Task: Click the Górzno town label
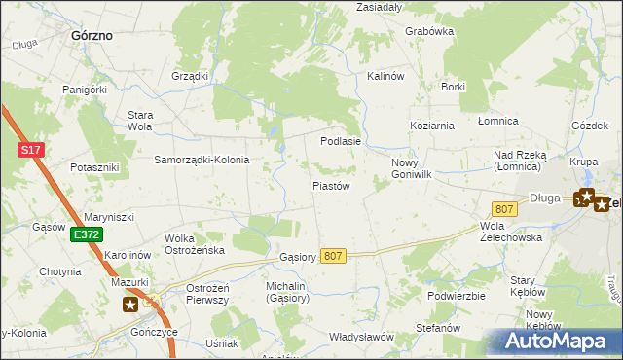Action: pyautogui.click(x=92, y=35)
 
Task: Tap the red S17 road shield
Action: pyautogui.click(x=30, y=150)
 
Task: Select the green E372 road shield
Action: pyautogui.click(x=86, y=234)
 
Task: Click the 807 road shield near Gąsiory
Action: pyautogui.click(x=333, y=255)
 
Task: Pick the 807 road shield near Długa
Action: pyautogui.click(x=503, y=209)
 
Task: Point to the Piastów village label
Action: pyautogui.click(x=331, y=185)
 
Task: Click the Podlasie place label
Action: pyautogui.click(x=341, y=141)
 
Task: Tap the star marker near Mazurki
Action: pyautogui.click(x=130, y=305)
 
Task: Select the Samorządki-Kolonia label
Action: pyautogui.click(x=202, y=160)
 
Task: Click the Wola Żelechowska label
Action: pyautogui.click(x=511, y=232)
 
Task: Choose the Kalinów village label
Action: pyautogui.click(x=385, y=76)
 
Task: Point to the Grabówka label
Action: pyautogui.click(x=429, y=31)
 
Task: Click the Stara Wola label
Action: pyautogui.click(x=141, y=121)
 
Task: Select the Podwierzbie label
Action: pyautogui.click(x=456, y=296)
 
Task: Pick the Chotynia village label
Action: pyautogui.click(x=60, y=271)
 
